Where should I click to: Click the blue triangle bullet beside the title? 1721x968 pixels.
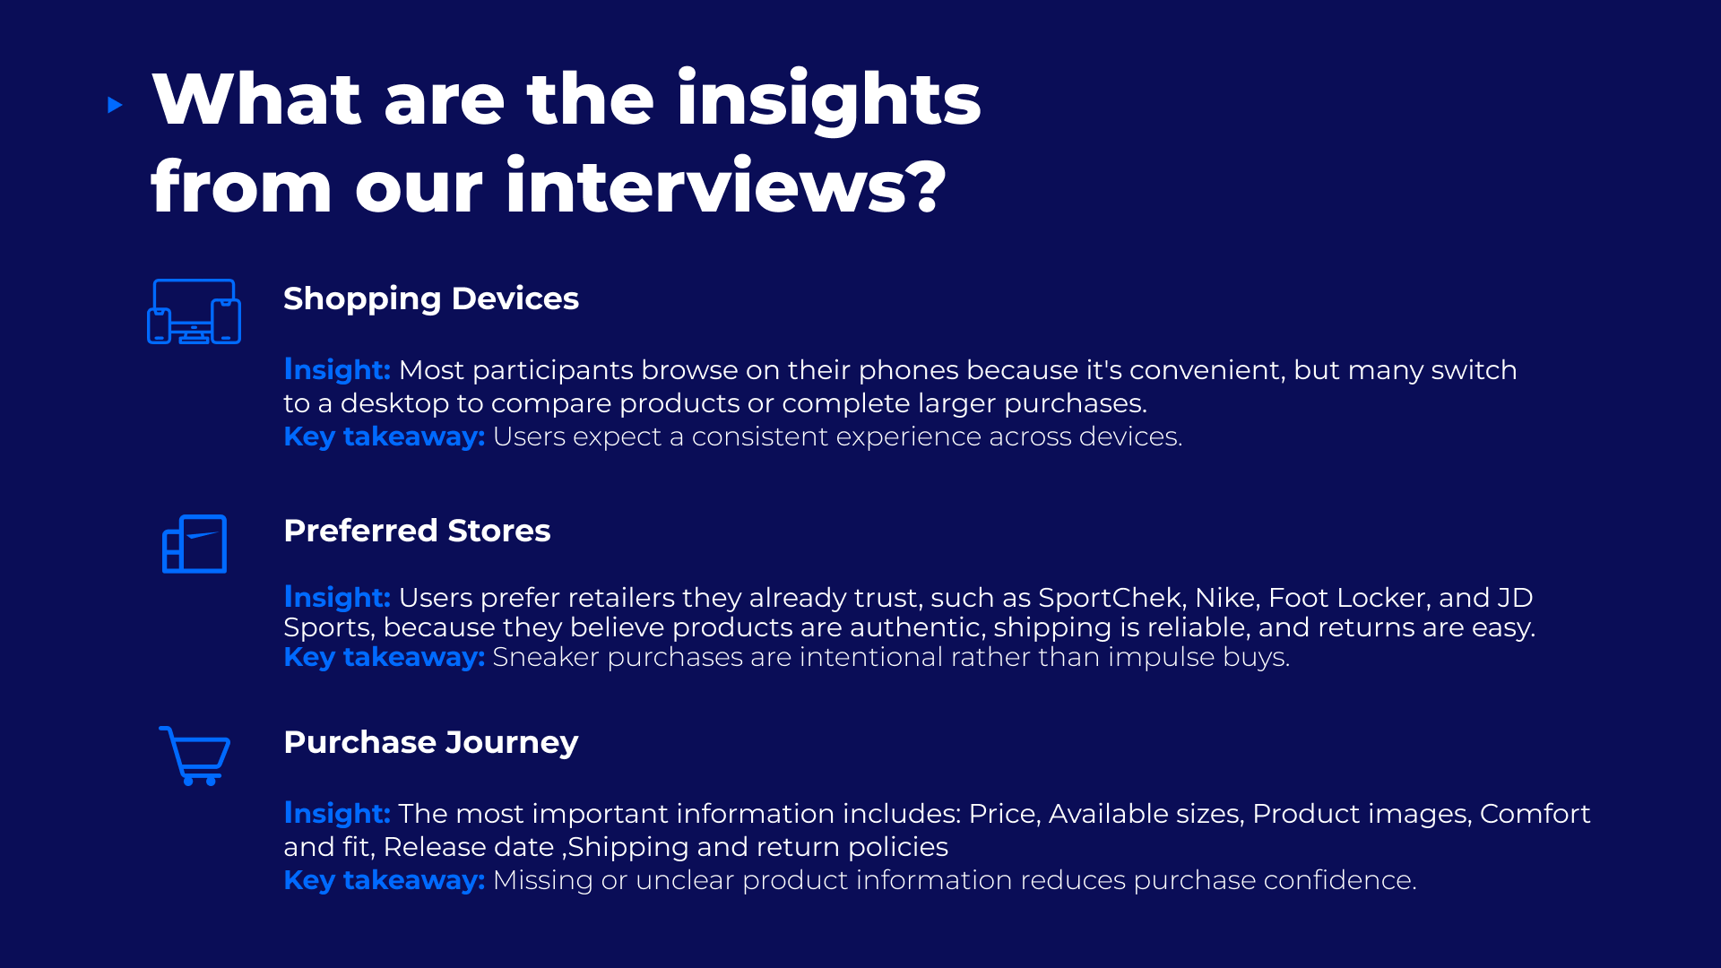[x=115, y=105]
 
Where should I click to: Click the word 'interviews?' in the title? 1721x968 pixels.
[x=726, y=186]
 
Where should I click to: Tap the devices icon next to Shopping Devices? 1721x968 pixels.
[x=194, y=312]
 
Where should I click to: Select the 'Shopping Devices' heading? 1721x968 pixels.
[x=431, y=298]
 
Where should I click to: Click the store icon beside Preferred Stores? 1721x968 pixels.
[x=195, y=544]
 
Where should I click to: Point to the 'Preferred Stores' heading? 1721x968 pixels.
[x=417, y=531]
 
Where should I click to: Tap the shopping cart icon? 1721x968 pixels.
[x=195, y=756]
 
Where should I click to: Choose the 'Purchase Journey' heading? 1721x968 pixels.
[x=431, y=742]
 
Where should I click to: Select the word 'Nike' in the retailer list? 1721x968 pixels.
[x=1228, y=598]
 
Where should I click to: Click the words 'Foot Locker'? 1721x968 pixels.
[x=1350, y=598]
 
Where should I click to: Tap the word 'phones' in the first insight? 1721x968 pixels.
[x=908, y=370]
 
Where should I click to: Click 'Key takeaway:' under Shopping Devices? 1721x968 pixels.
[x=385, y=436]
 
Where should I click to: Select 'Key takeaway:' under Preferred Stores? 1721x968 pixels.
[x=385, y=657]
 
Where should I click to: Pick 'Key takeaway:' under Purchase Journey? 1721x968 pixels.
[x=385, y=880]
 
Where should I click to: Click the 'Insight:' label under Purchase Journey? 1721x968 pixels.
[x=337, y=814]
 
